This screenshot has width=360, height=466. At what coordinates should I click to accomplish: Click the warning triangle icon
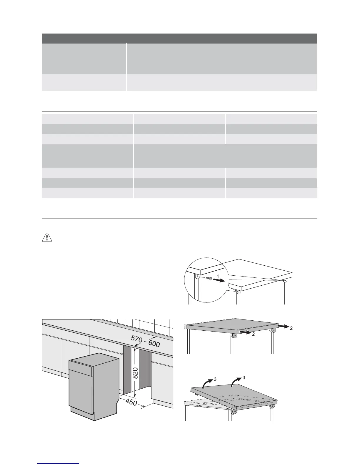point(47,238)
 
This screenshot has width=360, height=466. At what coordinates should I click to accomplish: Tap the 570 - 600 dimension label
point(145,342)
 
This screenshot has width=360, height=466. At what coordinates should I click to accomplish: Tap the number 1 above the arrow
point(217,275)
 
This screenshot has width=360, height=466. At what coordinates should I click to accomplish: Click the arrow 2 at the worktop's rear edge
point(283,326)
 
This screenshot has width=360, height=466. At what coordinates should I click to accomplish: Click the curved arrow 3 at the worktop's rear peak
point(236,382)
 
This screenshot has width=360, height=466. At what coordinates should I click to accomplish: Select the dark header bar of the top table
point(179,38)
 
